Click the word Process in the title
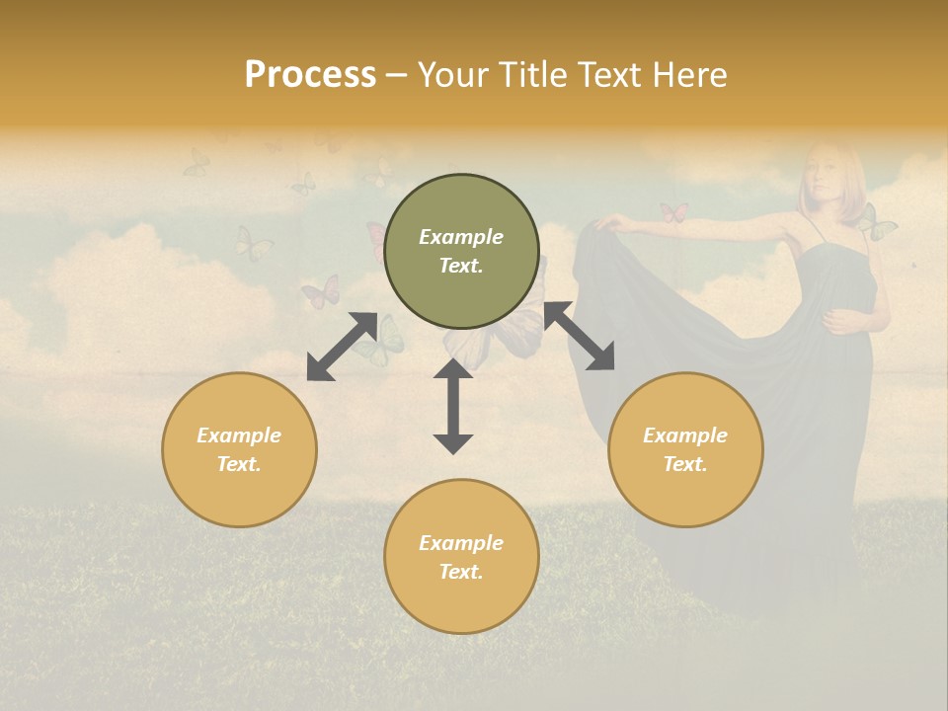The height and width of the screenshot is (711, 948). point(310,74)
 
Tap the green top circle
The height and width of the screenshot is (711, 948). point(461,252)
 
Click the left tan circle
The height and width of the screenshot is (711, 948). point(239,450)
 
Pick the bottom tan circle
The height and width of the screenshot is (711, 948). point(461,557)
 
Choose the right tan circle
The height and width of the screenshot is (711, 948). point(685,450)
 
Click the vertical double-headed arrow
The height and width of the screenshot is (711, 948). point(453,406)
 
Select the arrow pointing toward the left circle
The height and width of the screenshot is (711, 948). point(342,347)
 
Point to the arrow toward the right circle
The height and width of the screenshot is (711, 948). point(579,337)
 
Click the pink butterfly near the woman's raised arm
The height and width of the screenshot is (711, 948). point(673,212)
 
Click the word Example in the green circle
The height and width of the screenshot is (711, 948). point(461,237)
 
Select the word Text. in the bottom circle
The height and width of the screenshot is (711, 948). point(461,572)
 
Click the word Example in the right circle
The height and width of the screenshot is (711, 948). point(685,435)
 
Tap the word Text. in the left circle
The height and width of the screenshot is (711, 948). point(239,464)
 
